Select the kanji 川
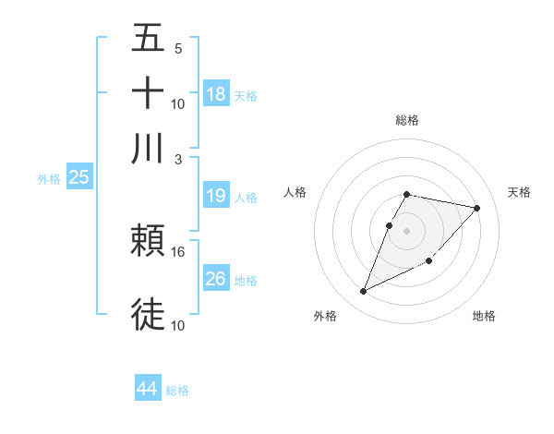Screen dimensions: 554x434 149,148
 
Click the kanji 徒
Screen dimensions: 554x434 149,314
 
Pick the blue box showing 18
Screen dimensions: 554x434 216,93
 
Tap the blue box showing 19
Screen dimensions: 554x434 216,196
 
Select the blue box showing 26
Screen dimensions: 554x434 216,278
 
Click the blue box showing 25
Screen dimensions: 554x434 78,178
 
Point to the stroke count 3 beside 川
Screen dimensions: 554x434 179,159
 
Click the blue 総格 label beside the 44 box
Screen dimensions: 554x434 177,391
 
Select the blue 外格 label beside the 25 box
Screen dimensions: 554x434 48,179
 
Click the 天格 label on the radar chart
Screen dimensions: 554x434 519,192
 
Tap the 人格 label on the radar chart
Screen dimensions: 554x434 295,192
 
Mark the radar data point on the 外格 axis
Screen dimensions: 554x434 364,292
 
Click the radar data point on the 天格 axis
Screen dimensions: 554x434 477,208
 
